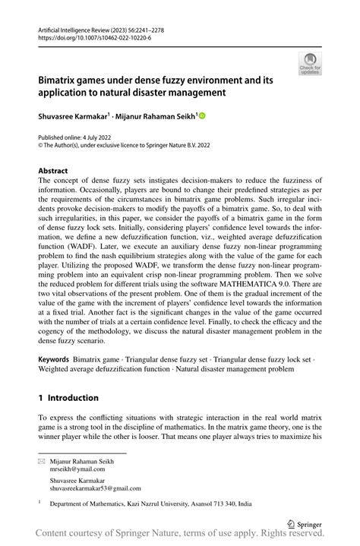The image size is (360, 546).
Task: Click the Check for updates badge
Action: click(x=310, y=64)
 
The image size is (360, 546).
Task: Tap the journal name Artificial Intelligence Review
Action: click(x=74, y=27)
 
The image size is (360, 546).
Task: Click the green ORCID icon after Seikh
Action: click(x=201, y=115)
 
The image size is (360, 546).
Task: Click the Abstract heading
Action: click(x=53, y=172)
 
